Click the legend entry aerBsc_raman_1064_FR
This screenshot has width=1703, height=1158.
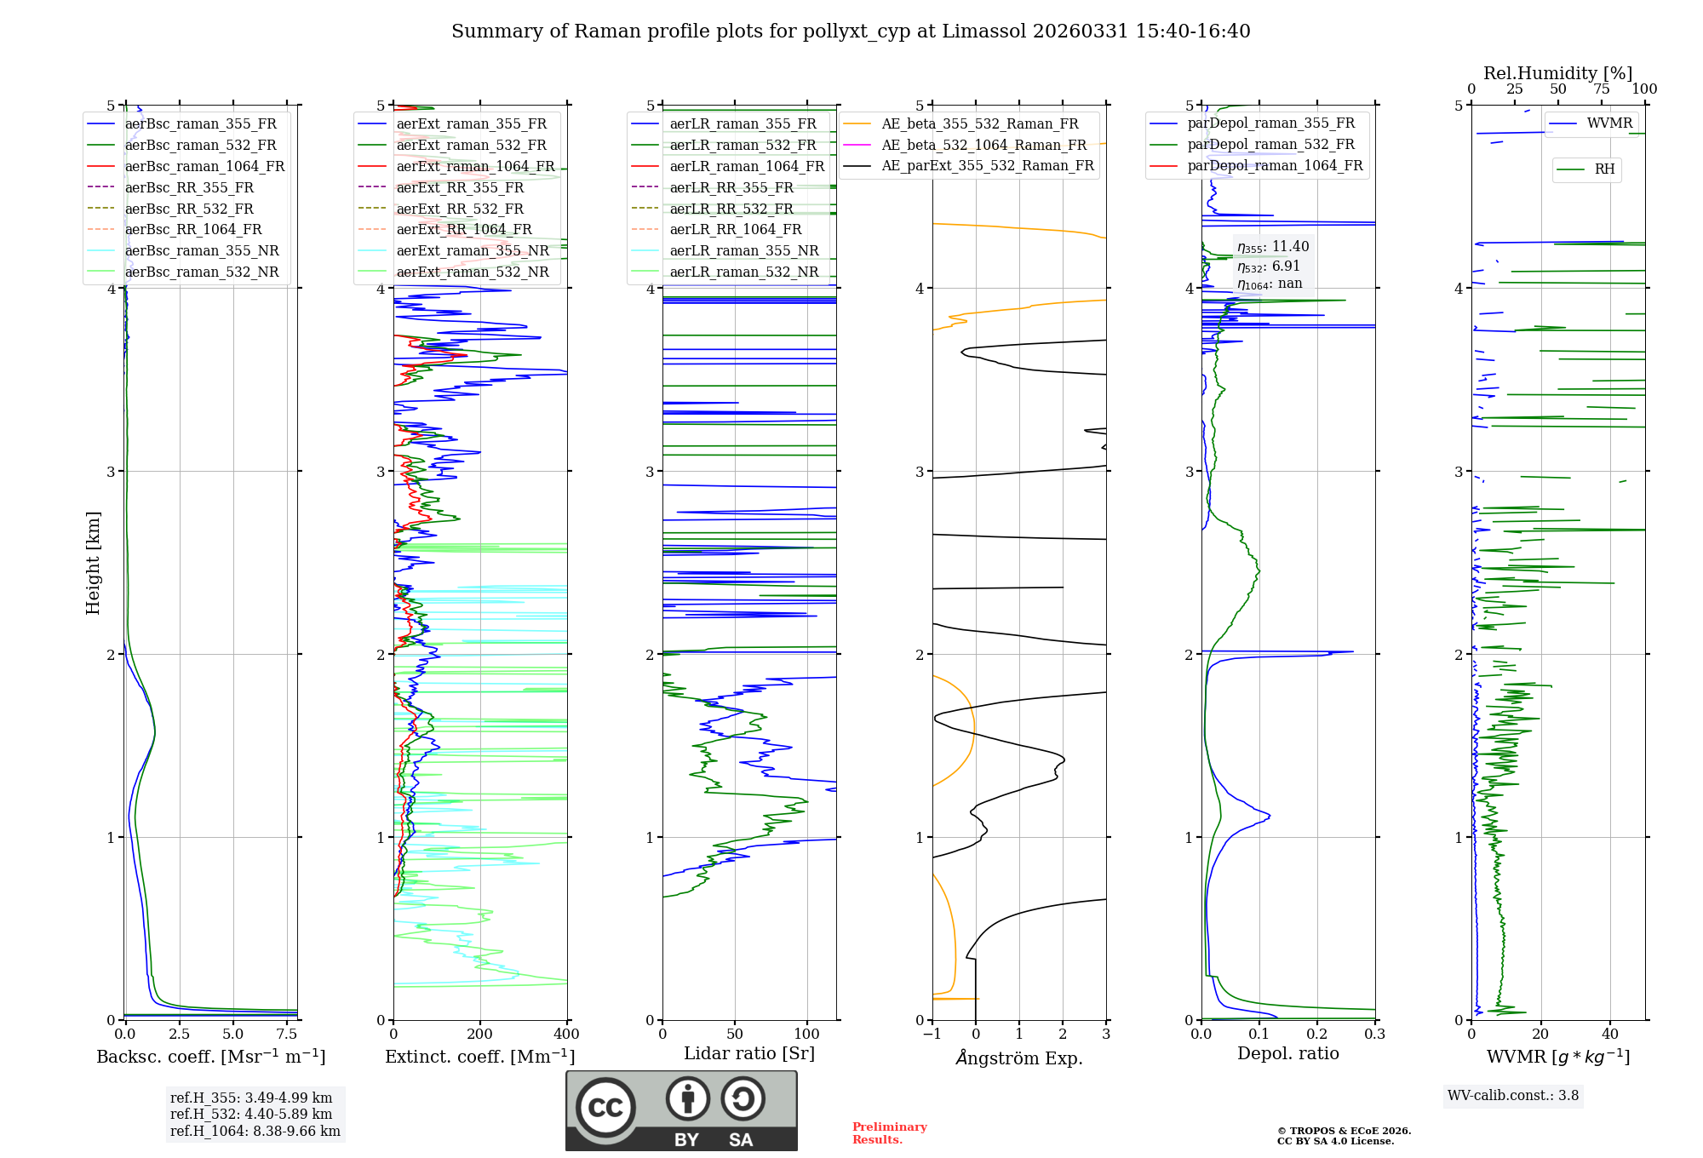pyautogui.click(x=204, y=167)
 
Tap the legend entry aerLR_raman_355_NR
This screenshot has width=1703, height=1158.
pyautogui.click(x=743, y=251)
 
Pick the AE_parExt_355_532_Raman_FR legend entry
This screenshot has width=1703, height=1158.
pyautogui.click(x=988, y=166)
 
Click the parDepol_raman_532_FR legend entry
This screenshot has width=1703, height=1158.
pyautogui.click(x=1270, y=145)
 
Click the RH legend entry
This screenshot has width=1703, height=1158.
pyautogui.click(x=1604, y=169)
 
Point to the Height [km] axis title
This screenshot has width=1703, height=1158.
pyautogui.click(x=93, y=563)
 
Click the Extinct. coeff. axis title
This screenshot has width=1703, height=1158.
pyautogui.click(x=479, y=1057)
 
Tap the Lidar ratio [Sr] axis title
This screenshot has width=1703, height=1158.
pyautogui.click(x=749, y=1053)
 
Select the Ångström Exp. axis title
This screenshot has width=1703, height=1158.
pyautogui.click(x=1019, y=1058)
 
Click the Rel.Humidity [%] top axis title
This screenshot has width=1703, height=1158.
pyautogui.click(x=1557, y=73)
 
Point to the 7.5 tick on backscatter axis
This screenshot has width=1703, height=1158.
pyautogui.click(x=287, y=1035)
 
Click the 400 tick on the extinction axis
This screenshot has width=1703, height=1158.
pyautogui.click(x=566, y=1035)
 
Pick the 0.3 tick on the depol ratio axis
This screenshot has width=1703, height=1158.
pyautogui.click(x=1374, y=1035)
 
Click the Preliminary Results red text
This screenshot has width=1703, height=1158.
pyautogui.click(x=890, y=1133)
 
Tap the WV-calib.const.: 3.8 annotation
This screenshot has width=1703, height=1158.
pyautogui.click(x=1513, y=1096)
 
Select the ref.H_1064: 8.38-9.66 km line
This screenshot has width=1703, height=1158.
pyautogui.click(x=255, y=1132)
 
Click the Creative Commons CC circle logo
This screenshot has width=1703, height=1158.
pyautogui.click(x=605, y=1107)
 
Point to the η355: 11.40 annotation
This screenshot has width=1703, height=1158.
pyautogui.click(x=1273, y=247)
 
